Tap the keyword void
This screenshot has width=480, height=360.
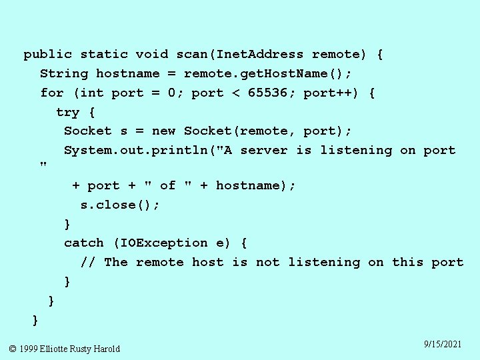pyautogui.click(x=152, y=55)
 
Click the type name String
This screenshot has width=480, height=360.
pyautogui.click(x=64, y=73)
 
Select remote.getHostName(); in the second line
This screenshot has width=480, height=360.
pyautogui.click(x=268, y=73)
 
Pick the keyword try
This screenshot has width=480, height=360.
pyautogui.click(x=68, y=112)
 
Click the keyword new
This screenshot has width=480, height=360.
pyautogui.click(x=164, y=131)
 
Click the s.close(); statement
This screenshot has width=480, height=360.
pyautogui.click(x=120, y=205)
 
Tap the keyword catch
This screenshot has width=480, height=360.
pyautogui.click(x=84, y=243)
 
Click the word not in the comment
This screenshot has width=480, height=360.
pyautogui.click(x=268, y=263)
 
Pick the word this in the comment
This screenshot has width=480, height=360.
pyautogui.click(x=408, y=263)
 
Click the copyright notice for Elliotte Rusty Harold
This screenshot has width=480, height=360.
pyautogui.click(x=65, y=349)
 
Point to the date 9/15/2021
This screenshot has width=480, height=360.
pyautogui.click(x=443, y=344)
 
